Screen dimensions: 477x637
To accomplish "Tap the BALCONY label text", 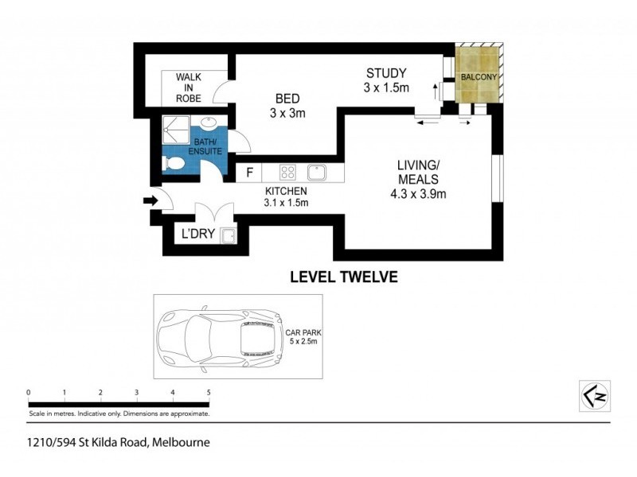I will pyautogui.click(x=479, y=77).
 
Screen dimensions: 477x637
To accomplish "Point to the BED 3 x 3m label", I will pyautogui.click(x=287, y=106).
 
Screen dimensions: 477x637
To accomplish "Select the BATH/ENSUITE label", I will pyautogui.click(x=205, y=147).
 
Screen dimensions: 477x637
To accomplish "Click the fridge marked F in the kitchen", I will pyautogui.click(x=249, y=172).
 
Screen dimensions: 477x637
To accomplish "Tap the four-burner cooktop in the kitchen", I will pyautogui.click(x=288, y=172).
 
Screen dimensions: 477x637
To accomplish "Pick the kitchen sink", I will pyautogui.click(x=317, y=172).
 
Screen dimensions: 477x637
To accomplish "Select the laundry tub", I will pyautogui.click(x=227, y=235).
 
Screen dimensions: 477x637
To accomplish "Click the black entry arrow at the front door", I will pyautogui.click(x=149, y=201).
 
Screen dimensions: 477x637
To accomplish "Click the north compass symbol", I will pyautogui.click(x=593, y=394).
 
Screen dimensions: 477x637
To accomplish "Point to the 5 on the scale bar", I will pyautogui.click(x=209, y=393).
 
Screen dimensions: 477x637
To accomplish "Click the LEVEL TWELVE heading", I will pyautogui.click(x=342, y=277).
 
